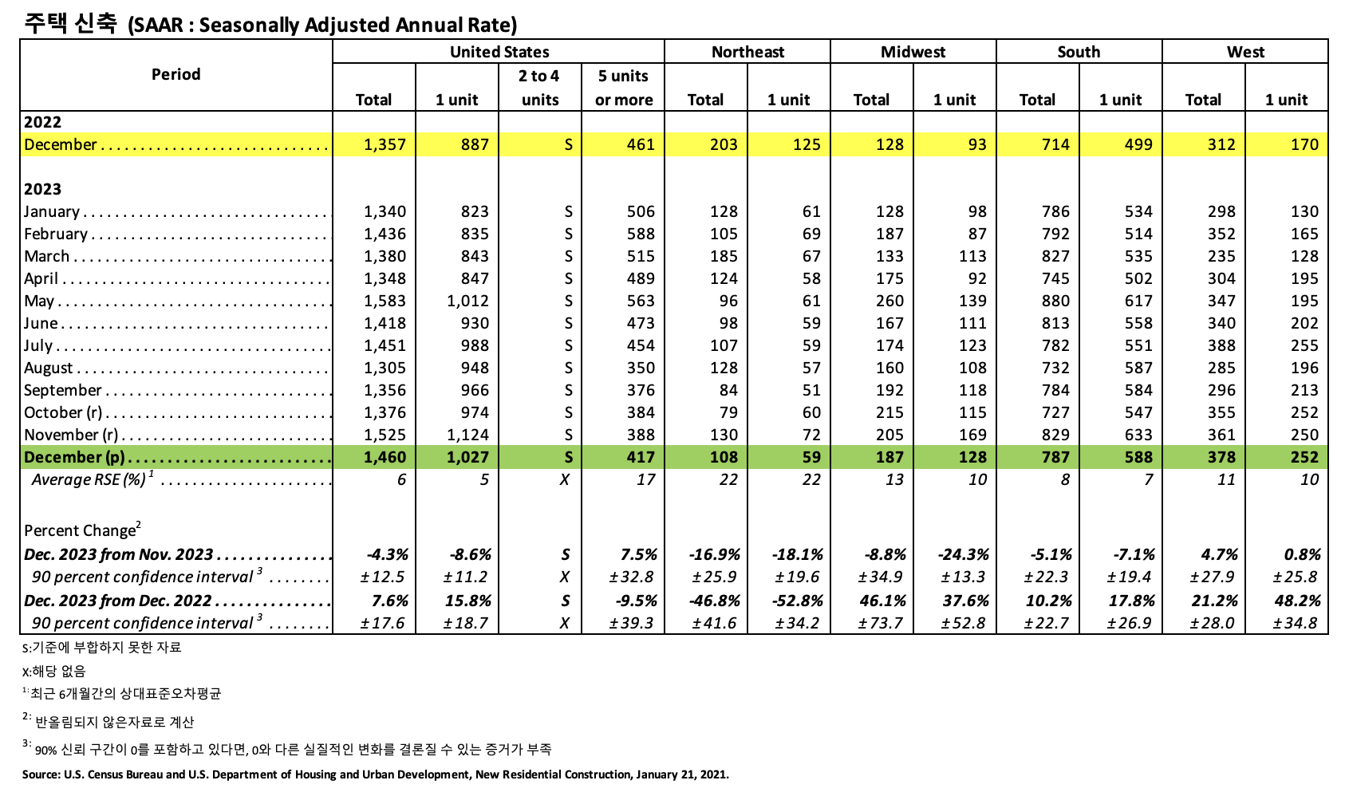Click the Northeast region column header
(x=747, y=52)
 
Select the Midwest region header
(x=913, y=52)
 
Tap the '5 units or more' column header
(x=623, y=88)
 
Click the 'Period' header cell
(x=176, y=74)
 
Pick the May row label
(x=39, y=301)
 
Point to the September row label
(x=63, y=390)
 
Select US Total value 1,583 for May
(x=385, y=301)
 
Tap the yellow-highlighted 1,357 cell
(x=385, y=144)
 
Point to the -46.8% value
(x=714, y=601)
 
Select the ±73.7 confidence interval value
(x=881, y=623)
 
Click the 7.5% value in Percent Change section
(x=638, y=554)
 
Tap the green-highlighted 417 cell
(x=640, y=457)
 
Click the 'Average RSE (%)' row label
(x=89, y=479)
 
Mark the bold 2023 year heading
(x=42, y=189)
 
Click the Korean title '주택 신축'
(x=70, y=23)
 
